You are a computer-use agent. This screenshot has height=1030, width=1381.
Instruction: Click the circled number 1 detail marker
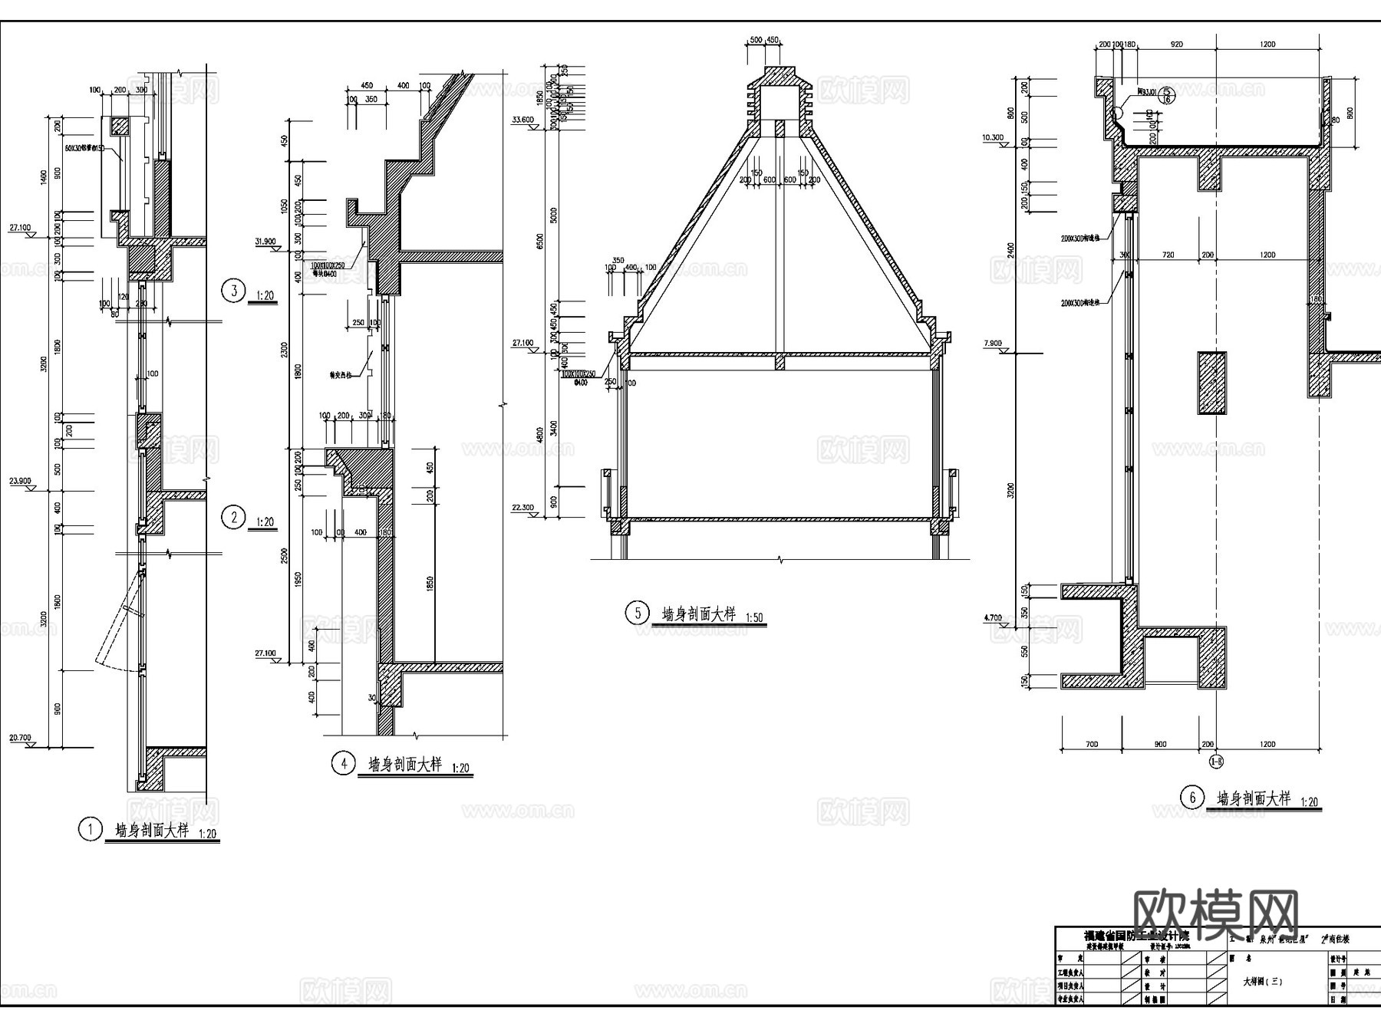[x=91, y=829]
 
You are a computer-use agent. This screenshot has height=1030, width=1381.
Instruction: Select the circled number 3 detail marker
[x=233, y=291]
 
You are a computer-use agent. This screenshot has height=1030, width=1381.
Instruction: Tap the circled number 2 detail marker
[x=233, y=517]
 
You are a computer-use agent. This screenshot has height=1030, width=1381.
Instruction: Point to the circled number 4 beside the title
[x=343, y=763]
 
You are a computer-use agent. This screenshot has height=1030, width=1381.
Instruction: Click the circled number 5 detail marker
[x=636, y=613]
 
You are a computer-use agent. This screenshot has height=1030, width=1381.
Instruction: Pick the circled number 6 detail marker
[x=1191, y=798]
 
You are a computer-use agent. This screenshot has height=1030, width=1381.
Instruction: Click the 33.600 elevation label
[x=522, y=120]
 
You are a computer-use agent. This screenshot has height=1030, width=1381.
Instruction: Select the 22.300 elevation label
[x=522, y=508]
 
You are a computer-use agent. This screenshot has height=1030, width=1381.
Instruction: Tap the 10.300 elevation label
[x=992, y=138]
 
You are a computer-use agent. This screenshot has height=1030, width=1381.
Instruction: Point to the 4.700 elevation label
[x=992, y=617]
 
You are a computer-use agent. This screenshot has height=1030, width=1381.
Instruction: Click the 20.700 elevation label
[x=20, y=738]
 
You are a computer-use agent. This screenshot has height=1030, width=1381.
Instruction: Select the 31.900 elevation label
[x=265, y=242]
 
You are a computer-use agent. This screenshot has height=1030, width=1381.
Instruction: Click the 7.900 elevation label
[x=992, y=344]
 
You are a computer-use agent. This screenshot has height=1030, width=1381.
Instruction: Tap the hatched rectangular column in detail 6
[x=1212, y=383]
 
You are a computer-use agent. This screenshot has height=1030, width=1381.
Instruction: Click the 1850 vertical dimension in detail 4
[x=430, y=583]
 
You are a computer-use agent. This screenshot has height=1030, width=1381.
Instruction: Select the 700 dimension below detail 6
[x=1092, y=744]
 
